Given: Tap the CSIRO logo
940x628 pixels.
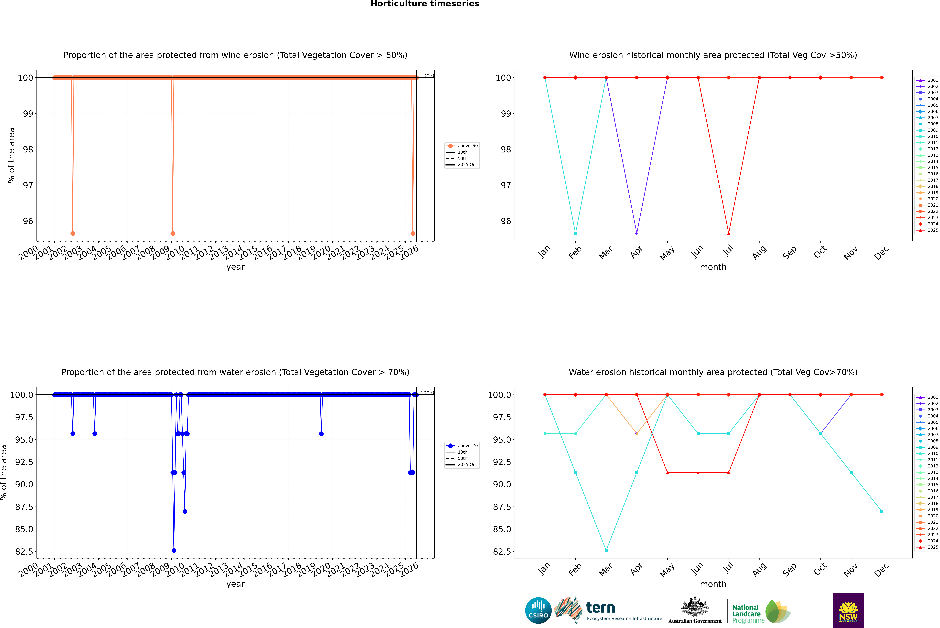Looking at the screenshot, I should pos(538,610).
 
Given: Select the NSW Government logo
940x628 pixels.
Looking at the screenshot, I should pos(848,610).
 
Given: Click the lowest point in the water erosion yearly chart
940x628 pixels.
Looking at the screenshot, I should pos(174,550).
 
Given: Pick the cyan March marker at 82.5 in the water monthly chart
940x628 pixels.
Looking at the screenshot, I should pos(606,550).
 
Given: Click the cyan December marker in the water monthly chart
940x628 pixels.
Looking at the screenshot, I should pos(882,511).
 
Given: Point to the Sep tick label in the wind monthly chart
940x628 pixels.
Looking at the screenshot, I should pos(789,252).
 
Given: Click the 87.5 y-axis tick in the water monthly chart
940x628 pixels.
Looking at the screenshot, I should pos(502,507).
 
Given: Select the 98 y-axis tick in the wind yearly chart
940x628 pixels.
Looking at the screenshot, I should pos(28,149).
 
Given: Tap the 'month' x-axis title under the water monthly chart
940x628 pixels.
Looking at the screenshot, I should pos(713,584).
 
